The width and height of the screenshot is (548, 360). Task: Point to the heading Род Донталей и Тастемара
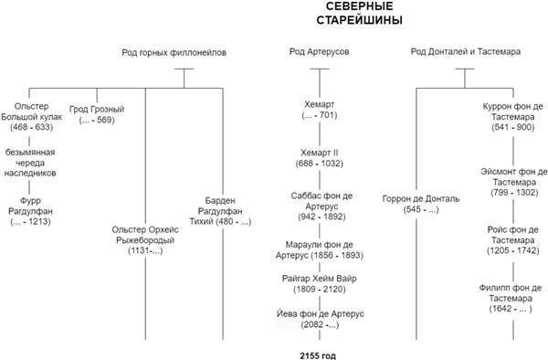[x=466, y=52]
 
